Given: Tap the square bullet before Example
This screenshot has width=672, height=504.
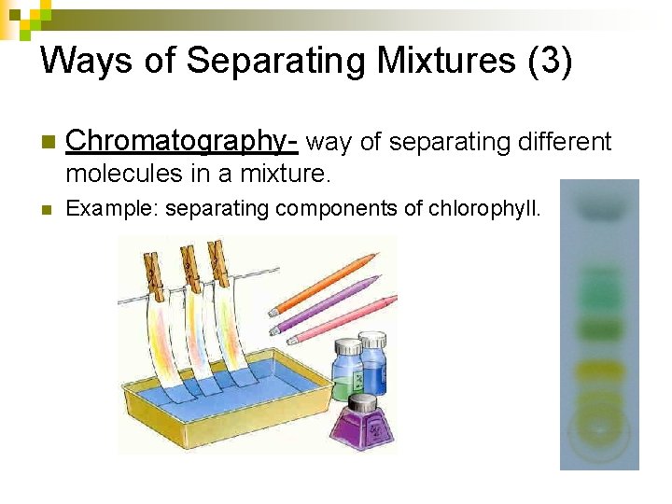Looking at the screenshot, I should (x=46, y=209).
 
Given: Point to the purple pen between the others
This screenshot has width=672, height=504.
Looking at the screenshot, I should (x=327, y=301).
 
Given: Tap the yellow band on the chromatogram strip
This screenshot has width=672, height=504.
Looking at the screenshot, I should (x=599, y=371).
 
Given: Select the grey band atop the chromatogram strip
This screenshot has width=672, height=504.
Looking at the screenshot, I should (x=598, y=210).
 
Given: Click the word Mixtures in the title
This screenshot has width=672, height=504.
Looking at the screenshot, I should (x=430, y=61).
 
